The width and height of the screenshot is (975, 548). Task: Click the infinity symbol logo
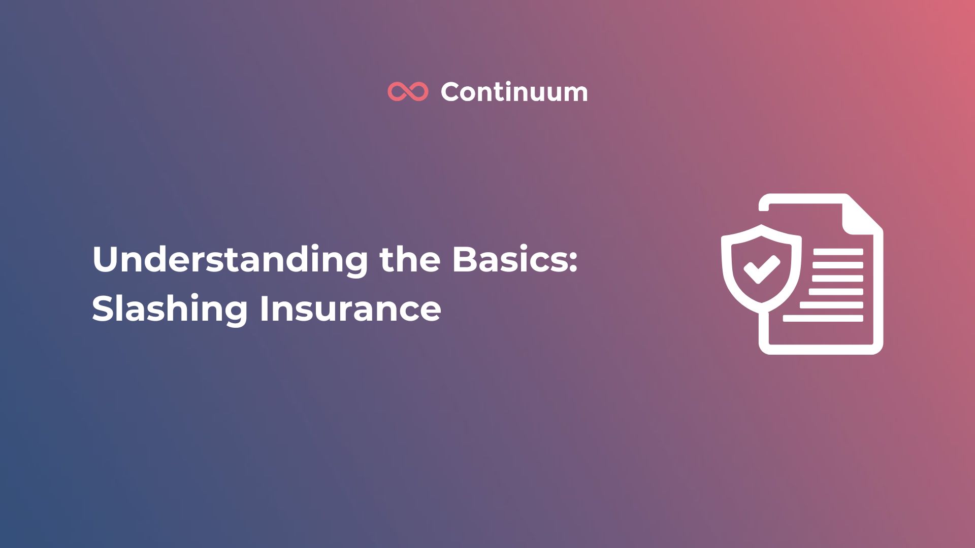(408, 92)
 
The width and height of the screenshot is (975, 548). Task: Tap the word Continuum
(514, 92)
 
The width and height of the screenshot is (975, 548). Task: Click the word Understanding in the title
(230, 260)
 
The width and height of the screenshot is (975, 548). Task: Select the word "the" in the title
(410, 259)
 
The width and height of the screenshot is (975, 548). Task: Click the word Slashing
(170, 309)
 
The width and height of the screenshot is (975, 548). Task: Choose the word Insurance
(350, 309)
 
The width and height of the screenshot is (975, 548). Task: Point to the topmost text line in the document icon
(837, 252)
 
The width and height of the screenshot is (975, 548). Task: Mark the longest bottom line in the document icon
(823, 318)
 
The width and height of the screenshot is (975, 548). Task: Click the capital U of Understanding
(105, 259)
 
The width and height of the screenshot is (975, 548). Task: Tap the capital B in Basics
(463, 259)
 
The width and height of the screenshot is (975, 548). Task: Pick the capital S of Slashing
(103, 309)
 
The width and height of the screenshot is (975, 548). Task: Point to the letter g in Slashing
(237, 312)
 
